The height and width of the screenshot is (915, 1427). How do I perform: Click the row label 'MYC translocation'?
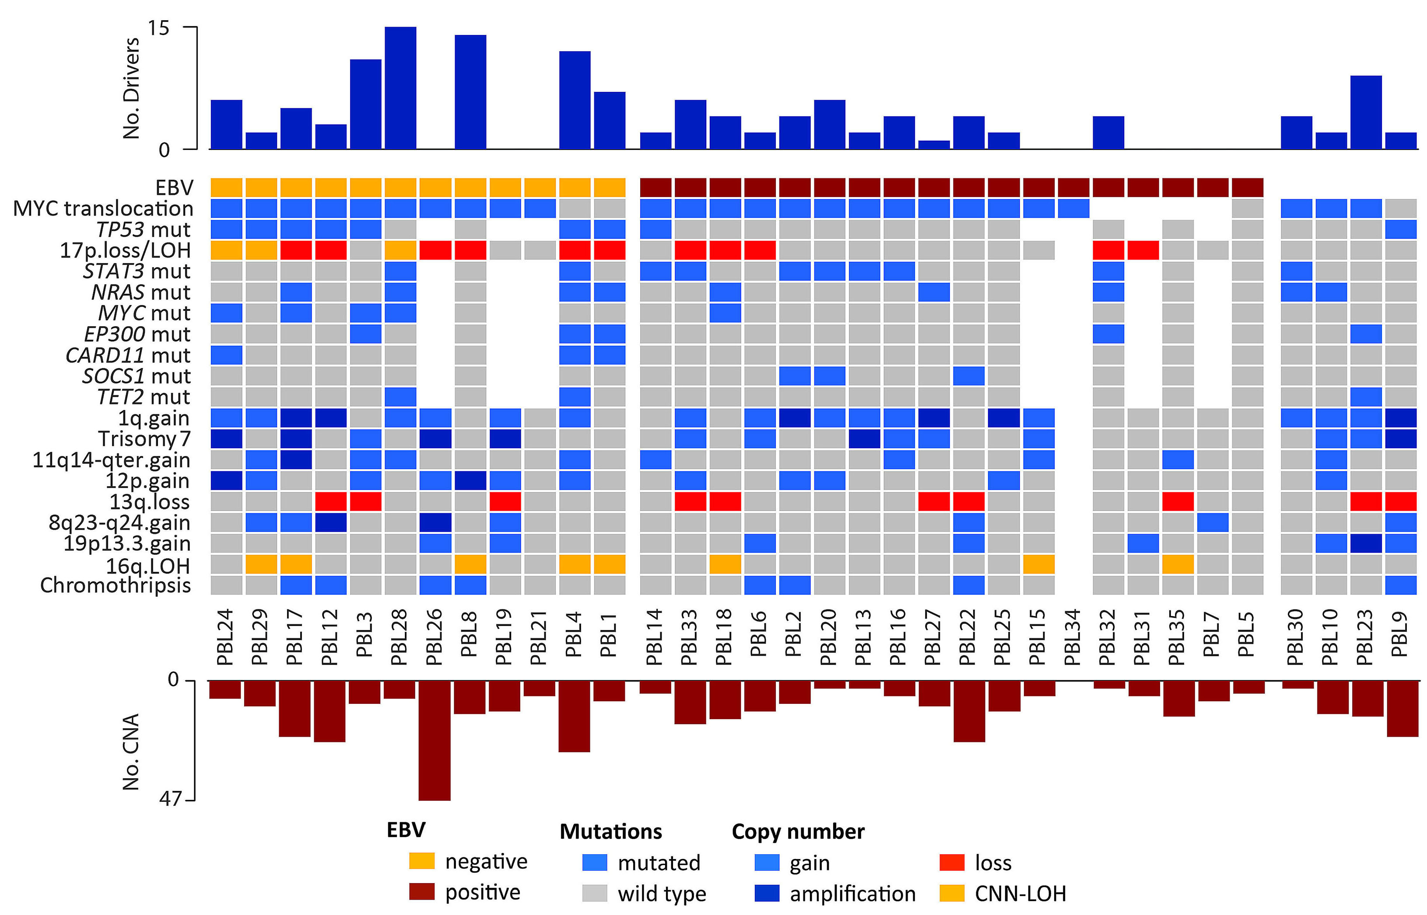[x=103, y=209]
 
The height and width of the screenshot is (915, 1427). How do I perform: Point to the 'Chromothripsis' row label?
[x=116, y=585]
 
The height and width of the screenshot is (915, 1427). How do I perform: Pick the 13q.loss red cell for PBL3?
[x=366, y=501]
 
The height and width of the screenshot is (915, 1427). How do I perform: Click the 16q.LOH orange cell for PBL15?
[x=1039, y=564]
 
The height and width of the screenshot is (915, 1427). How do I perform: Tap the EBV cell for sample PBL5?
[x=1248, y=188]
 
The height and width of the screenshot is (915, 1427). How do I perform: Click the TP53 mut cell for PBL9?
[x=1401, y=230]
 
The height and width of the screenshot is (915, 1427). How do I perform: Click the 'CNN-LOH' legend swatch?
[x=951, y=894]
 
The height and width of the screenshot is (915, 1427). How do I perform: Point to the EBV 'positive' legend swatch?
[x=421, y=892]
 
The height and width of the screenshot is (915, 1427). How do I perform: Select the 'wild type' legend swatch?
[x=595, y=894]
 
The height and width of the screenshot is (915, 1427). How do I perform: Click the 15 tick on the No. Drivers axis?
[x=159, y=28]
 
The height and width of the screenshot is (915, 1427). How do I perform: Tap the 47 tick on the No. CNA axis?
[x=169, y=799]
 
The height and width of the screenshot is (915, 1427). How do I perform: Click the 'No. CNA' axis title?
[x=131, y=751]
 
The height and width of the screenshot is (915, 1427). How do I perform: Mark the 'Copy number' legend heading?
[x=798, y=831]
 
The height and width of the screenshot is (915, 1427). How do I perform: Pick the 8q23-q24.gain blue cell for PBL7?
[x=1212, y=522]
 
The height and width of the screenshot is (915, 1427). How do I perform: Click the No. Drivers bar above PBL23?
[x=1366, y=112]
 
